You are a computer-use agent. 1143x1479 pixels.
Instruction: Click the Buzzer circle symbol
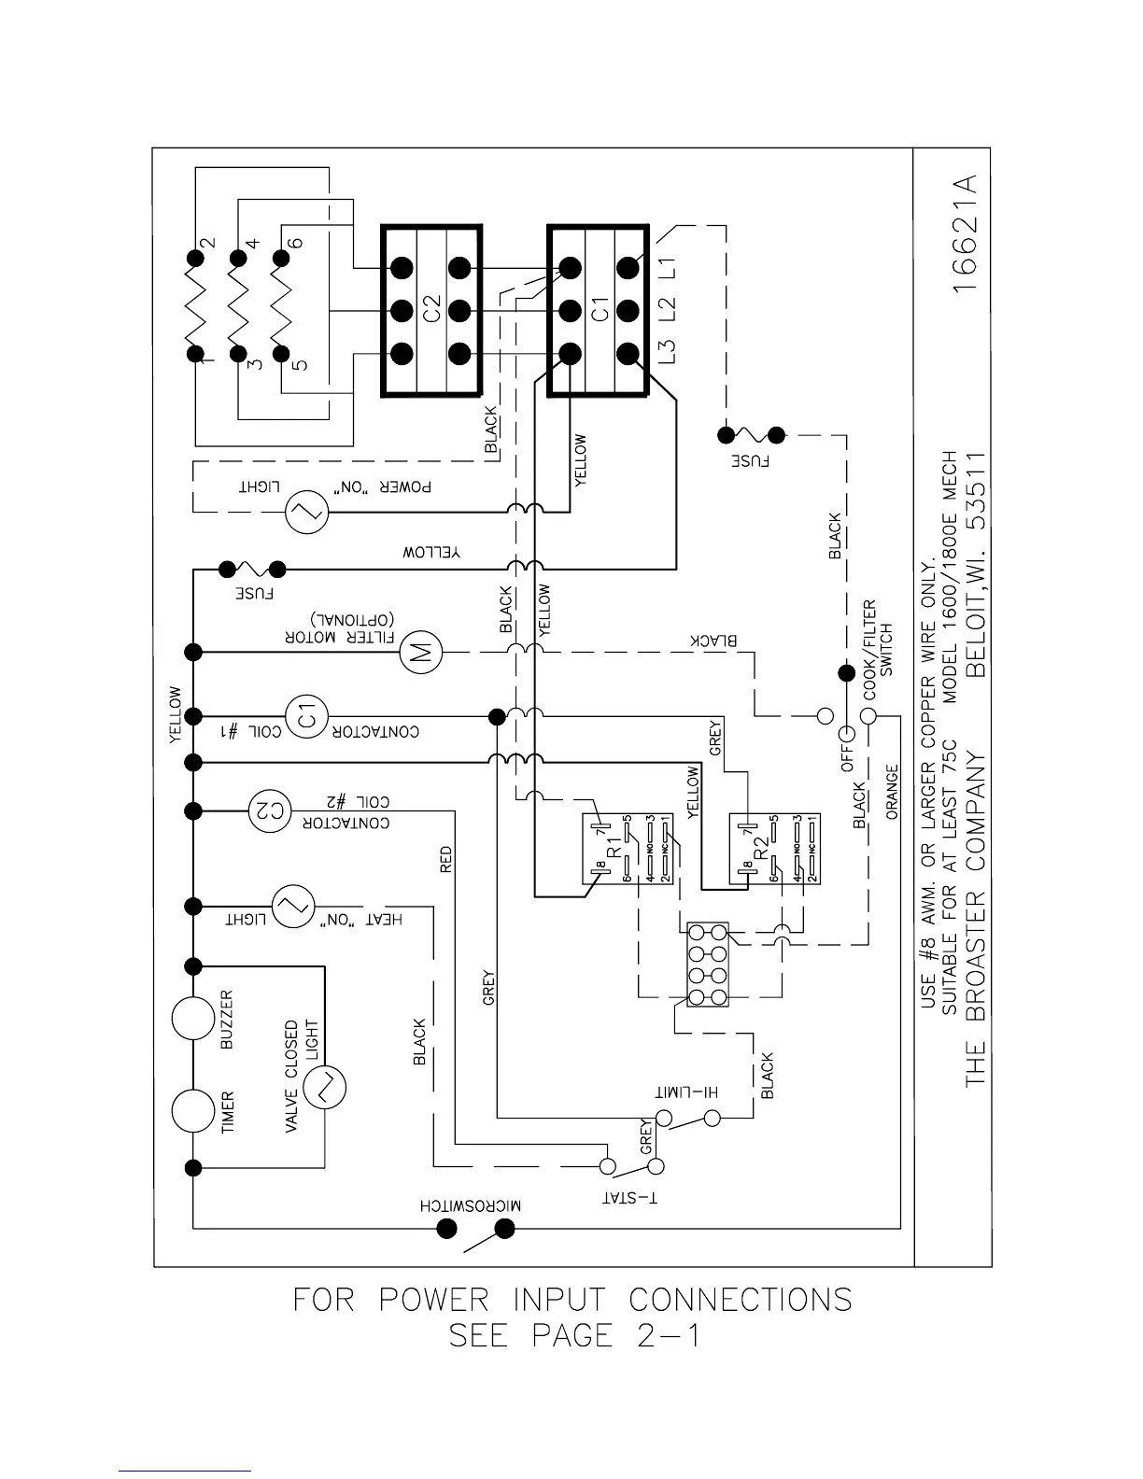(193, 1017)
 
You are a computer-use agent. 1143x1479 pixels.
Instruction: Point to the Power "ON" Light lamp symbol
(304, 512)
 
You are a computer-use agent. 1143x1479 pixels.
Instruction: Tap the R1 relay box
(625, 849)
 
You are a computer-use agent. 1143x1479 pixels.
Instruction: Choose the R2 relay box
(773, 849)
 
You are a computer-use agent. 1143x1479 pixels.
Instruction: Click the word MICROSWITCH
(471, 1204)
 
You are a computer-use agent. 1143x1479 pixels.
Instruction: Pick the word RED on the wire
(445, 859)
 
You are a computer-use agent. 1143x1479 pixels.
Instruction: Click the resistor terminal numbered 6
(295, 242)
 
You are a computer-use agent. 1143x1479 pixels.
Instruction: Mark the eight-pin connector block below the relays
(707, 965)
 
